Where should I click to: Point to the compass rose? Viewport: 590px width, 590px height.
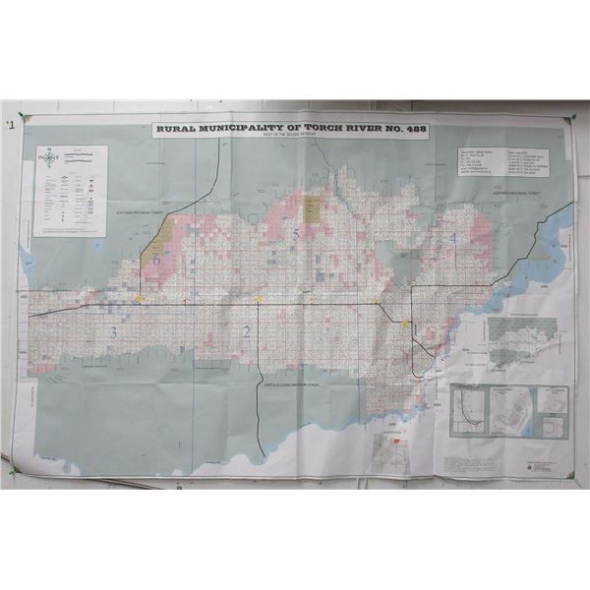pyautogui.click(x=48, y=157)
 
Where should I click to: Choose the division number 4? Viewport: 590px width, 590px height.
pyautogui.click(x=452, y=238)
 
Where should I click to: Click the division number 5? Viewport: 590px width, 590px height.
pyautogui.click(x=295, y=233)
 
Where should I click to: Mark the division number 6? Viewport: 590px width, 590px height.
pyautogui.click(x=156, y=260)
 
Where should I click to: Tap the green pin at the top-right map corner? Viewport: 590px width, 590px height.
pyautogui.click(x=569, y=120)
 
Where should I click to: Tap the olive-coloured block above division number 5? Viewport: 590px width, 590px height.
pyautogui.click(x=312, y=206)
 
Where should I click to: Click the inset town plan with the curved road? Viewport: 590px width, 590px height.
pyautogui.click(x=469, y=412)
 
